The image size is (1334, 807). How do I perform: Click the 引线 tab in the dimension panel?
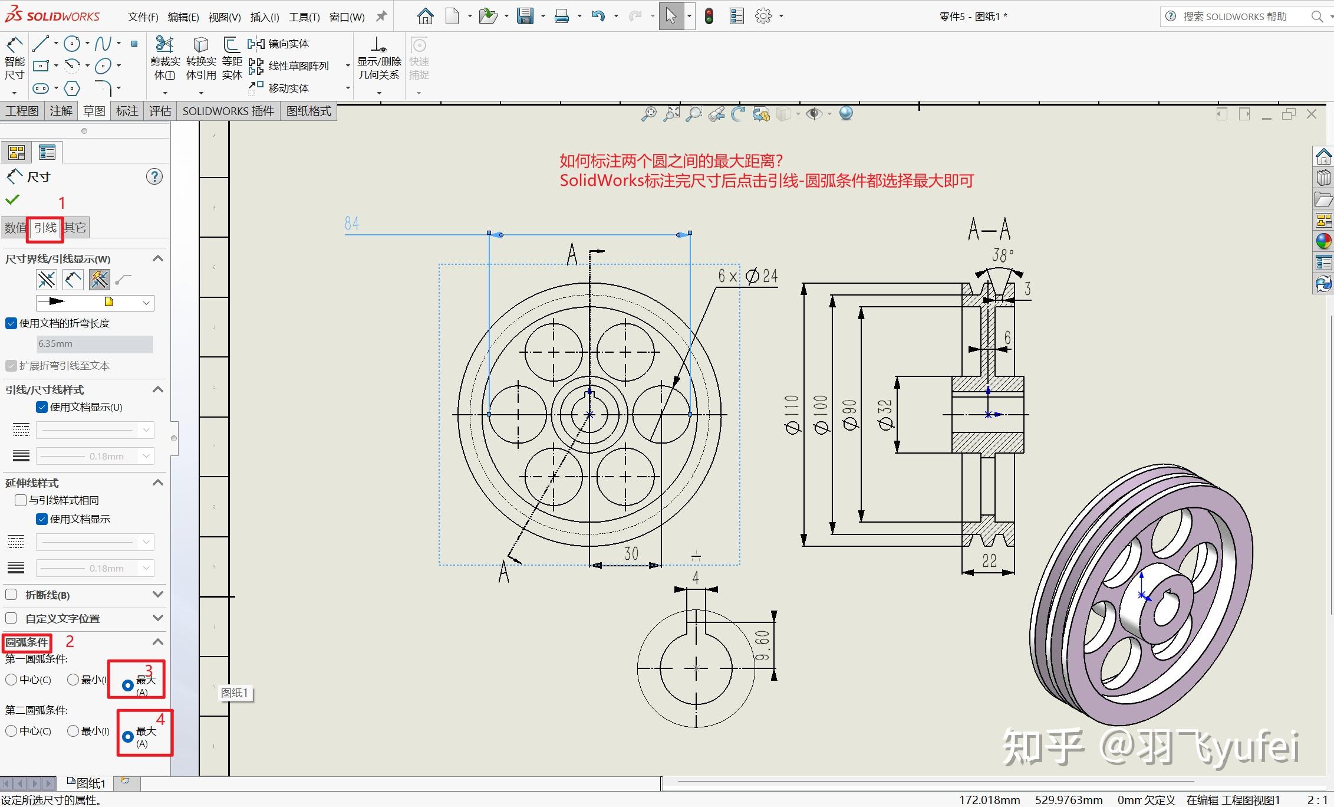pyautogui.click(x=45, y=228)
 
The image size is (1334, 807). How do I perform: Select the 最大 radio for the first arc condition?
pyautogui.click(x=127, y=685)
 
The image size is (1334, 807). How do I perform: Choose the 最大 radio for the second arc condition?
pyautogui.click(x=127, y=737)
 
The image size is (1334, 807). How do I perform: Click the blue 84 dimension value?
pyautogui.click(x=352, y=224)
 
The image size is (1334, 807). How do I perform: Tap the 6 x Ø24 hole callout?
pyautogui.click(x=747, y=276)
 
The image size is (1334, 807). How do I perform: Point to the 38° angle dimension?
pyautogui.click(x=1003, y=255)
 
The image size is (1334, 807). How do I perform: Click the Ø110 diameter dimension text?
pyautogui.click(x=792, y=414)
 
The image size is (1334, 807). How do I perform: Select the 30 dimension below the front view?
pyautogui.click(x=631, y=553)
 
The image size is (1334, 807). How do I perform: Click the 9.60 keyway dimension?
pyautogui.click(x=762, y=645)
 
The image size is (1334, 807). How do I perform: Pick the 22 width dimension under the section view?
pyautogui.click(x=989, y=560)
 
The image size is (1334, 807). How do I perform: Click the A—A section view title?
pyautogui.click(x=989, y=229)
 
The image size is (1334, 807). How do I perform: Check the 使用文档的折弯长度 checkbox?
pyautogui.click(x=11, y=323)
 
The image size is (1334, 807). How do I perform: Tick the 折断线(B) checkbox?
pyautogui.click(x=11, y=595)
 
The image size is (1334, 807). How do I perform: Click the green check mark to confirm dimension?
pyautogui.click(x=12, y=199)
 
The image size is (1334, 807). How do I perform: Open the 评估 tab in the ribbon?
pyautogui.click(x=160, y=111)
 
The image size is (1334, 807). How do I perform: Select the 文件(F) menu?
pyautogui.click(x=143, y=17)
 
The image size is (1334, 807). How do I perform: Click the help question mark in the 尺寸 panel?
pyautogui.click(x=154, y=176)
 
